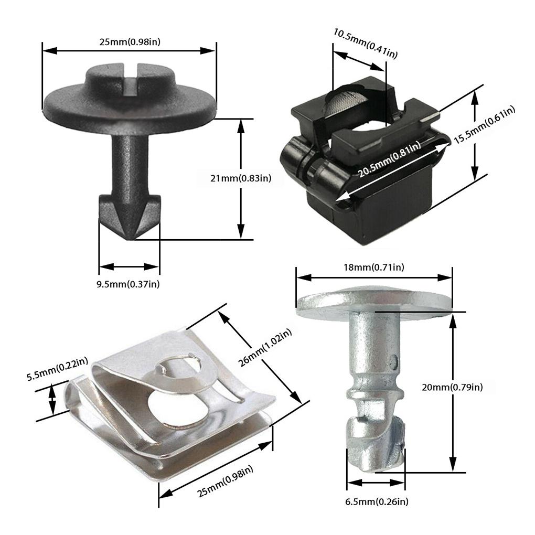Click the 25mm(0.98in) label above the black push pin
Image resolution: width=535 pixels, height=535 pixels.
(x=130, y=41)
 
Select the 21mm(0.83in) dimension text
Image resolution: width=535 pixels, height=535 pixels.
(x=241, y=178)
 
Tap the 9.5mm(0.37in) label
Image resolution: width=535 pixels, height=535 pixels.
(x=128, y=284)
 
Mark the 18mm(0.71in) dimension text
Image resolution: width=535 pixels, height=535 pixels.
(x=373, y=267)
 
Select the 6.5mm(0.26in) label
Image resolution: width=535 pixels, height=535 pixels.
(x=377, y=502)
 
